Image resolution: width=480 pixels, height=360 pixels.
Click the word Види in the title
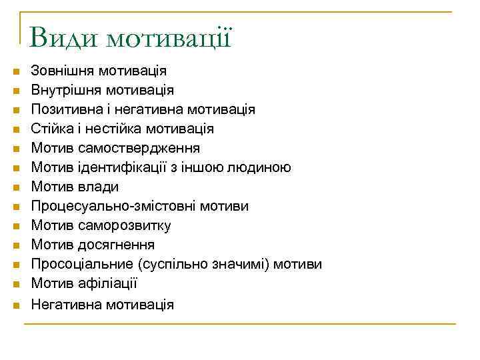(63, 37)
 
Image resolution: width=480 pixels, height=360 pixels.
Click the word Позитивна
(67, 109)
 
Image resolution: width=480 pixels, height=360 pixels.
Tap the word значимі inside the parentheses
(240, 265)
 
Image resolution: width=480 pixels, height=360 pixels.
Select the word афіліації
(107, 284)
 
